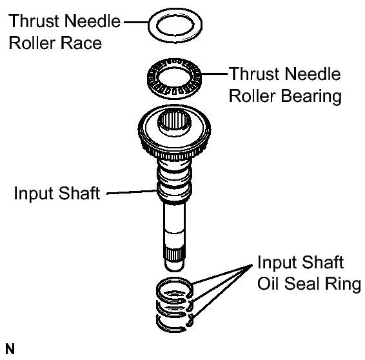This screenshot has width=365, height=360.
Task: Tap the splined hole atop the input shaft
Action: click(x=175, y=121)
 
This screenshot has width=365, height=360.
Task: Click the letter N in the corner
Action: click(x=10, y=349)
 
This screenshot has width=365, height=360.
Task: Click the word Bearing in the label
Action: click(x=311, y=97)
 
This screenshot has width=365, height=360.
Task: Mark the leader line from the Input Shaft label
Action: click(x=132, y=192)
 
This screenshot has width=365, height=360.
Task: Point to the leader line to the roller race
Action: click(x=136, y=23)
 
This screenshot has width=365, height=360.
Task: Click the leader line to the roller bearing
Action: click(x=214, y=74)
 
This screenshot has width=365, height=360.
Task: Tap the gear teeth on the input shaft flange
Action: click(x=174, y=154)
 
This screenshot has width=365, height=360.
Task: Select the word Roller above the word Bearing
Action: click(x=253, y=96)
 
